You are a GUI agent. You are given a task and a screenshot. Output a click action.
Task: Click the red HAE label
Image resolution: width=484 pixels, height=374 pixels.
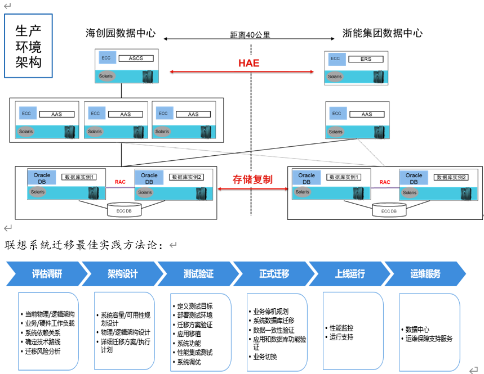pyautogui.click(x=248, y=63)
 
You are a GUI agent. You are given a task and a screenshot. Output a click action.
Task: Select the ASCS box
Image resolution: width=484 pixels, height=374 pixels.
pyautogui.click(x=136, y=58)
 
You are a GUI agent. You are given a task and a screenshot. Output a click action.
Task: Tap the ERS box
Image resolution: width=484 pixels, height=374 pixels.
pyautogui.click(x=366, y=58)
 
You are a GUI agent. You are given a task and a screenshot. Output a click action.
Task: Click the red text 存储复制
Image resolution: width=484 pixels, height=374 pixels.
pyautogui.click(x=252, y=179)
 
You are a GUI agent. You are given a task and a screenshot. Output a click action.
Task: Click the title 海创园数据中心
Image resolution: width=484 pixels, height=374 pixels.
pyautogui.click(x=121, y=33)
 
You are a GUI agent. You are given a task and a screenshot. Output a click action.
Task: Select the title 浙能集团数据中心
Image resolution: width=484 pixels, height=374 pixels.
pyautogui.click(x=383, y=33)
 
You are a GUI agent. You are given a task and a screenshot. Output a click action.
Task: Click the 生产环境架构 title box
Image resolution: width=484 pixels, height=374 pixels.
pyautogui.click(x=28, y=46)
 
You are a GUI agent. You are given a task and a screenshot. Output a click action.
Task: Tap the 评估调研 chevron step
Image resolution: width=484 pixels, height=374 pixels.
pyautogui.click(x=47, y=274)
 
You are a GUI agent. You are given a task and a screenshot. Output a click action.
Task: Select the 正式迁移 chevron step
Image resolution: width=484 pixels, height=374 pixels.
pyautogui.click(x=274, y=274)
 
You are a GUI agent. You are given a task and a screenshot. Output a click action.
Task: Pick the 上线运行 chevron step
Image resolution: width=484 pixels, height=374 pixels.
pyautogui.click(x=350, y=274)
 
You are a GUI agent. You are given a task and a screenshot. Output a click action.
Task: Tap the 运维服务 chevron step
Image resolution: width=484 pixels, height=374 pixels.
pyautogui.click(x=425, y=274)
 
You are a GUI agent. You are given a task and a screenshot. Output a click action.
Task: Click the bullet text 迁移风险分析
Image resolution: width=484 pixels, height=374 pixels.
pyautogui.click(x=43, y=351)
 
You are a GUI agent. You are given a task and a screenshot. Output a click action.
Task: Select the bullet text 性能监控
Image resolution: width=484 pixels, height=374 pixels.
pyautogui.click(x=341, y=328)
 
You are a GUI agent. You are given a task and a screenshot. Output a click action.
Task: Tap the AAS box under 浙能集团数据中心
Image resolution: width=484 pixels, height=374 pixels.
pyautogui.click(x=367, y=114)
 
